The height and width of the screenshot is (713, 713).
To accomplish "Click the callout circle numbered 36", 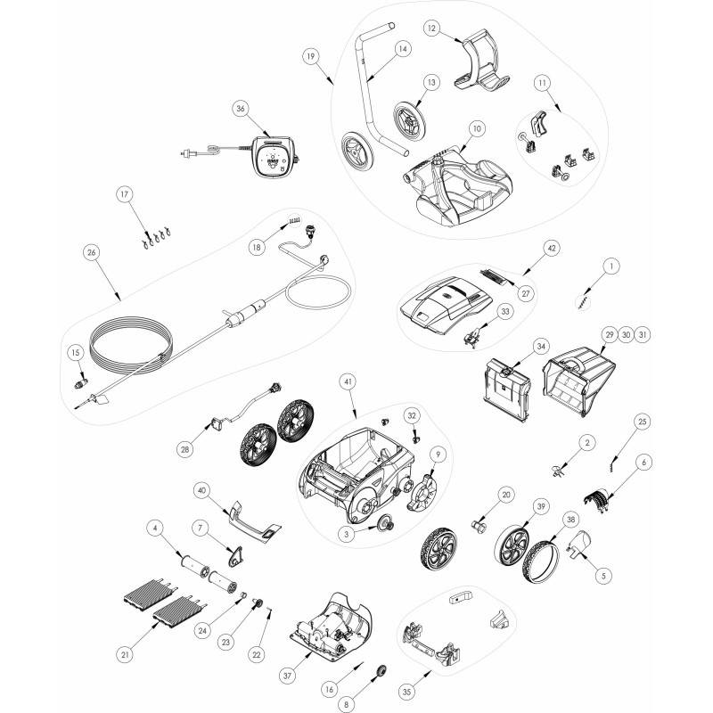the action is [x=241, y=108].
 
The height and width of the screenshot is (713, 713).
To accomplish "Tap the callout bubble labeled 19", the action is [x=310, y=56].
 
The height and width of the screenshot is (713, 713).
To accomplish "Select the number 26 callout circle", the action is [x=92, y=252].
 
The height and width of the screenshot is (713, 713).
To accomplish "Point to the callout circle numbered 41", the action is [x=348, y=382].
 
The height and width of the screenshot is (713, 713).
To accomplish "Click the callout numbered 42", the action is [x=552, y=249].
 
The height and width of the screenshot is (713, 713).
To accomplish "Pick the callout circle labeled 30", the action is [x=627, y=335].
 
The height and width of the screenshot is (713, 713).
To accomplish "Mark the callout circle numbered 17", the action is [x=124, y=194].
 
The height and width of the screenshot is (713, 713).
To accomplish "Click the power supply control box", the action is [x=273, y=155].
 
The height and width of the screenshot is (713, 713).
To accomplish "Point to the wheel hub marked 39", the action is [x=511, y=545].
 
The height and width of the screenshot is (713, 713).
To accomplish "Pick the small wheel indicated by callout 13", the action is [x=409, y=119].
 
